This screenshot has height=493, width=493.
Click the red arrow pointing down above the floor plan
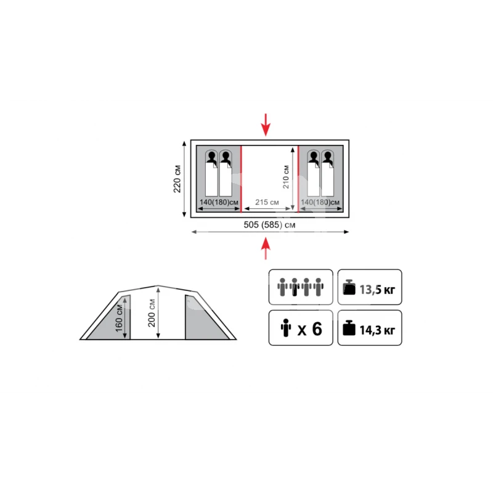tap(266, 124)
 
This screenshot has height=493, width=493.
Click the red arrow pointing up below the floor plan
tap(266, 248)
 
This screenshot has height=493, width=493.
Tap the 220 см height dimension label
tap(177, 179)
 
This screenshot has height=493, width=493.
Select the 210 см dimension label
tap(286, 177)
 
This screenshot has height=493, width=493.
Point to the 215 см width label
tap(267, 202)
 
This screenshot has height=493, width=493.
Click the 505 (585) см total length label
tap(269, 225)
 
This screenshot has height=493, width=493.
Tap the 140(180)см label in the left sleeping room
tap(219, 202)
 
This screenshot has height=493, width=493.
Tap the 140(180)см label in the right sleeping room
tap(320, 202)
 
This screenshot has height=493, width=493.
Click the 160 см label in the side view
tap(119, 318)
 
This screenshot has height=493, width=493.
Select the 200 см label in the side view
tap(152, 313)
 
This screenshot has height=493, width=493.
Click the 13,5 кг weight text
tap(377, 290)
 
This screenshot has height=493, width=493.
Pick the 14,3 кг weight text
tap(377, 330)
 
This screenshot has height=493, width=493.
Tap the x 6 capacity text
tap(310, 329)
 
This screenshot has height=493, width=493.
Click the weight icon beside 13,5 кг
tap(349, 287)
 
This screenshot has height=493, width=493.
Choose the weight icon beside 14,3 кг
tap(349, 328)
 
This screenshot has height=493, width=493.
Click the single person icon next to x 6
tap(286, 328)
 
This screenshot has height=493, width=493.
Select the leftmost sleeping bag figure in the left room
tap(211, 173)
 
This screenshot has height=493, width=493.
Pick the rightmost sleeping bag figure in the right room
tap(328, 173)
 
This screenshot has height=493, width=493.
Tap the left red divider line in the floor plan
tap(241, 179)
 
